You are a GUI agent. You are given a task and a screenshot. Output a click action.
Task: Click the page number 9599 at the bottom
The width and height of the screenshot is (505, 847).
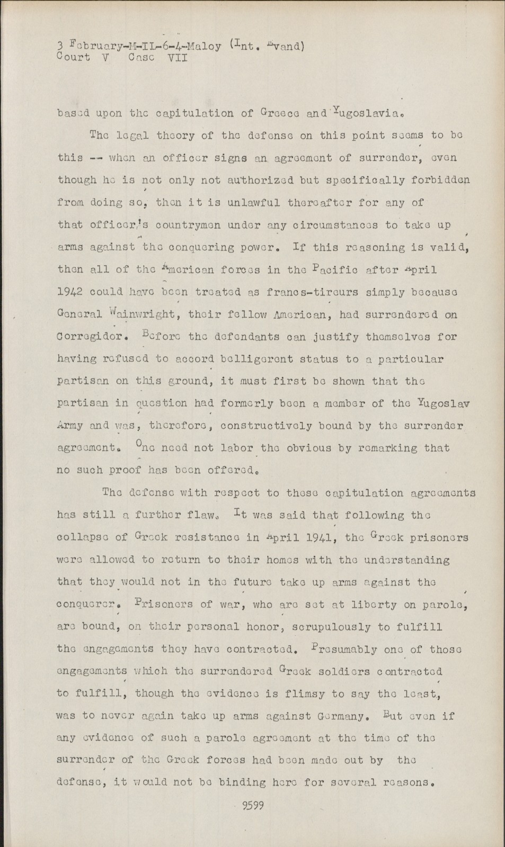tap(252, 806)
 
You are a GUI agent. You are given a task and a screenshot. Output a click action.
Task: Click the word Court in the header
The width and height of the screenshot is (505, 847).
tap(73, 57)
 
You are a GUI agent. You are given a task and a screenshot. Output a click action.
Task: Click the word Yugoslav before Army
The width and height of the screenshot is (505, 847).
tap(443, 403)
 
